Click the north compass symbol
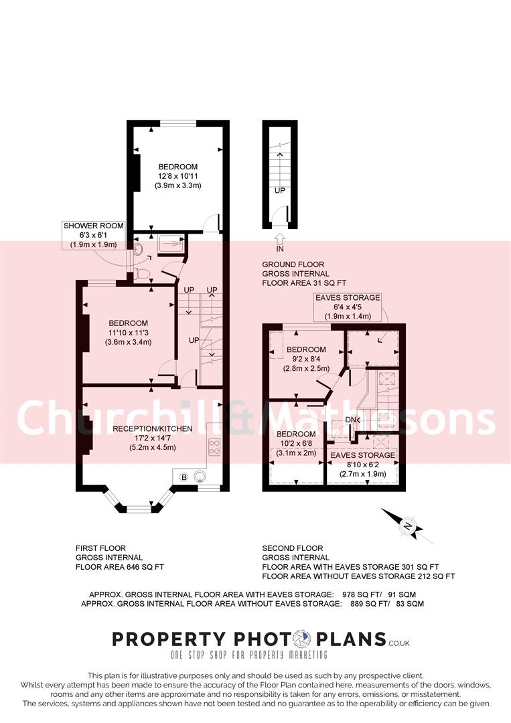point(407,526)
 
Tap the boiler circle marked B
point(184,477)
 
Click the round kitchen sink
point(200,477)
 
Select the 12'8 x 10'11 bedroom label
point(178,175)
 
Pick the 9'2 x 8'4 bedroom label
point(306,359)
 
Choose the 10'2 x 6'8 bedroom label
point(295,443)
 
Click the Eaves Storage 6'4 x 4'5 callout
point(348,307)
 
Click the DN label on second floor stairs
point(352,420)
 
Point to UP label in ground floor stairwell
point(279,190)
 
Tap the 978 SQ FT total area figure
point(370,594)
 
